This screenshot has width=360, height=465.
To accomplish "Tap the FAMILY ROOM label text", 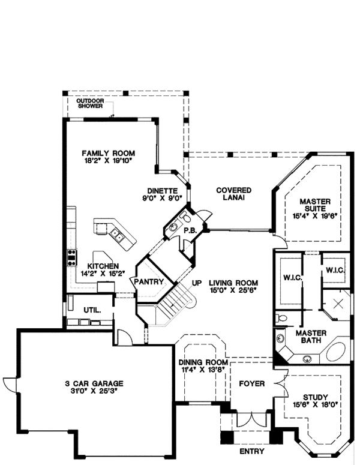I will [109, 152].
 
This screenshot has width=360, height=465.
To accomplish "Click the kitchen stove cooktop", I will [72, 257].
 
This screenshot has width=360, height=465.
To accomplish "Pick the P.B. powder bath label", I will [190, 230].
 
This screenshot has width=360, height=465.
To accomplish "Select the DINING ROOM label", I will [203, 363].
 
